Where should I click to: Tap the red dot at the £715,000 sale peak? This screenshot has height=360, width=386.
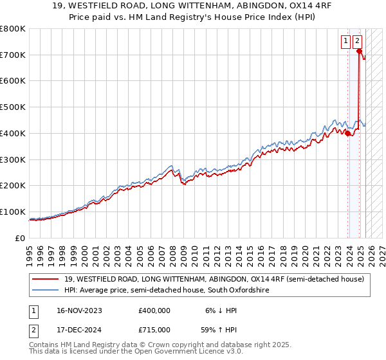tap(359, 51)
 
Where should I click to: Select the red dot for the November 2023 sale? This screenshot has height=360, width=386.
tap(348, 134)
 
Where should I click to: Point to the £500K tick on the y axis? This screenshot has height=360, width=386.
tap(13, 107)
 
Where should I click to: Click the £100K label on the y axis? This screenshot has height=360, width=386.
tap(13, 212)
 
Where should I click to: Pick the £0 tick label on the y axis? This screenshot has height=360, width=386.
tap(21, 238)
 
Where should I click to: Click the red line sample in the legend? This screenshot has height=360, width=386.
tap(45, 279)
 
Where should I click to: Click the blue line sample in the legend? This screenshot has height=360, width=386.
tap(45, 291)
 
